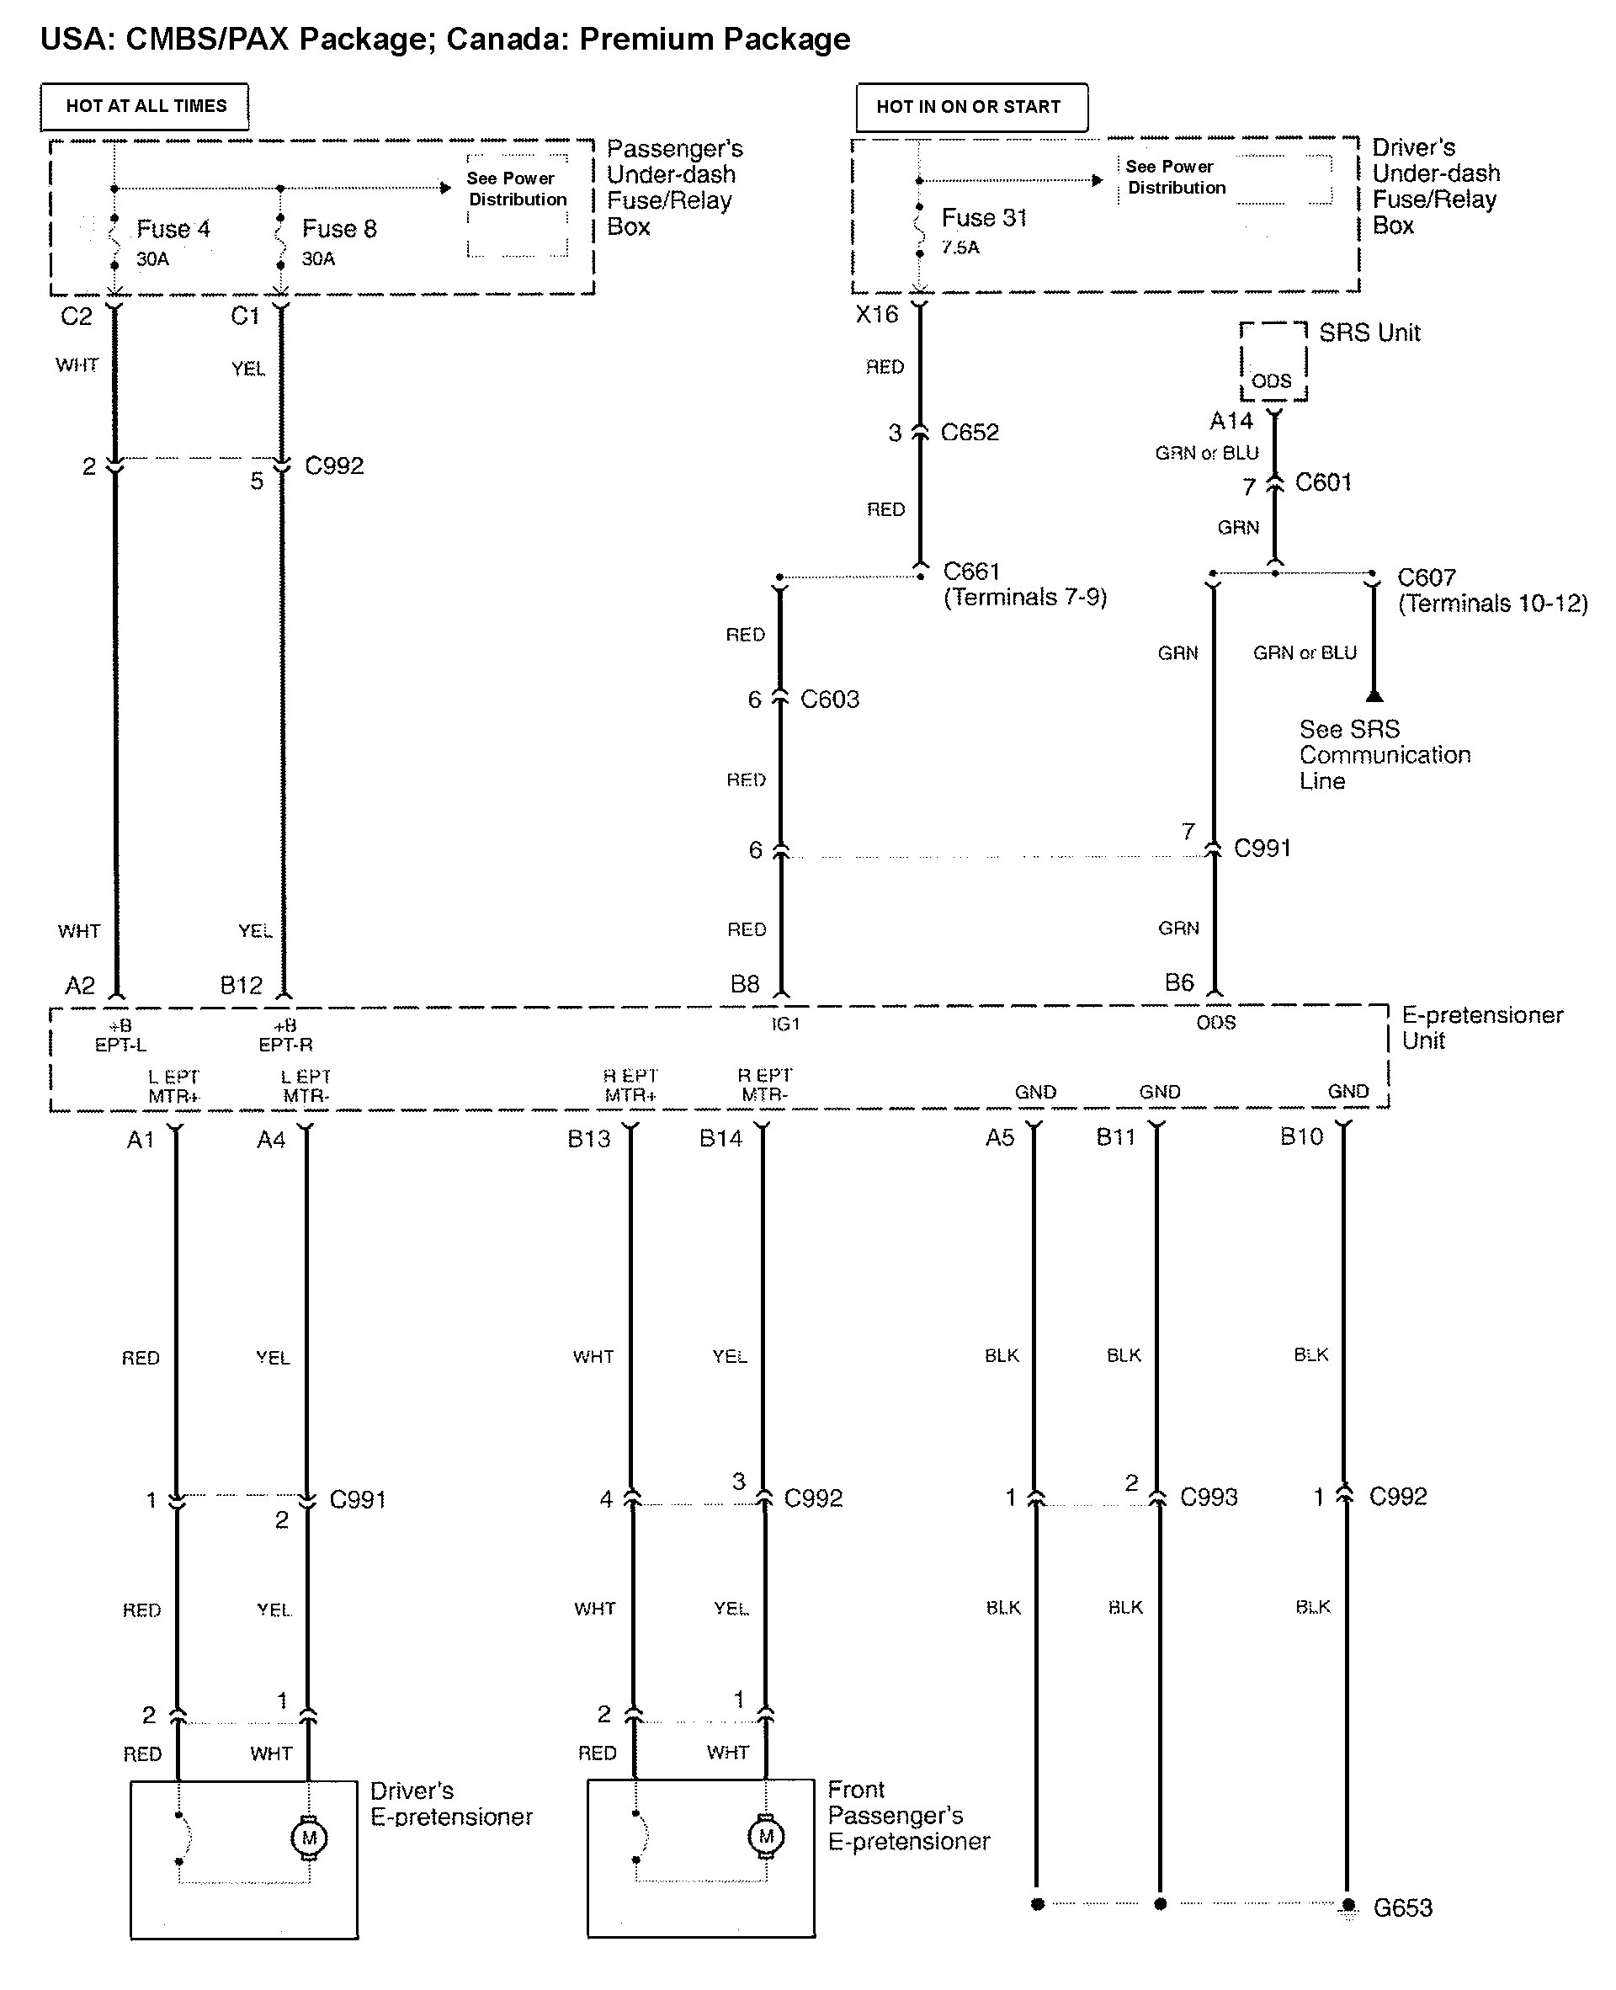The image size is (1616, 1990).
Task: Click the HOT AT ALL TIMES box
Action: (x=146, y=106)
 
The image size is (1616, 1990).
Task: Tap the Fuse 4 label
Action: (x=173, y=229)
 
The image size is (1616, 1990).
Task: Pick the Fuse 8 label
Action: (x=339, y=229)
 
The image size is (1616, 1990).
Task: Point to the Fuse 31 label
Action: (x=984, y=218)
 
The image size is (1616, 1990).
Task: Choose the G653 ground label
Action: (x=1402, y=1908)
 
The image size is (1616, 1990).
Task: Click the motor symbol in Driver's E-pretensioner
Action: (x=309, y=1838)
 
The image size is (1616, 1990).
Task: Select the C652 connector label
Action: (x=969, y=432)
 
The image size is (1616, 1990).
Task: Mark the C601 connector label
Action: (x=1323, y=482)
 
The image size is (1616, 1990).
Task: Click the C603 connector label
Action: (x=829, y=699)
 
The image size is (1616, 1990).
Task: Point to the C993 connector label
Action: (x=1209, y=1497)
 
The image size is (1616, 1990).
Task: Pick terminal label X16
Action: (x=877, y=315)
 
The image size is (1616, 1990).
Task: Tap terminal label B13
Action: (x=589, y=1138)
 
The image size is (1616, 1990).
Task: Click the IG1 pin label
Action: (x=784, y=1024)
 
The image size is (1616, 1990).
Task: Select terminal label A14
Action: (x=1231, y=421)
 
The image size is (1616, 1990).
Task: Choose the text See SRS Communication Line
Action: (x=1385, y=755)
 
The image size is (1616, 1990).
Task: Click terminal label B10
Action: (x=1300, y=1136)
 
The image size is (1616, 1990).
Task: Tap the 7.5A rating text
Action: (x=959, y=247)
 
